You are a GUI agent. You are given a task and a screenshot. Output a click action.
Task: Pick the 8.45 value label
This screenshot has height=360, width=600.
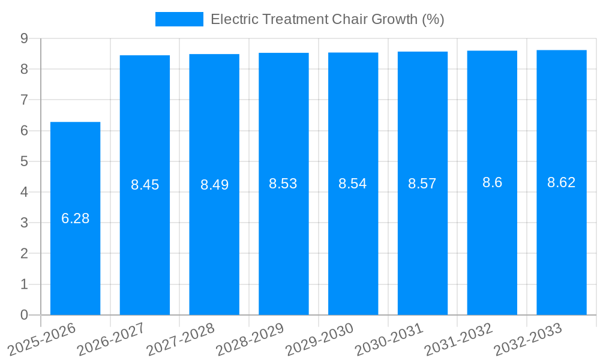(145, 185)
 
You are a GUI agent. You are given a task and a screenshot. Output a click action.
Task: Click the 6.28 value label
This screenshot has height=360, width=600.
(76, 218)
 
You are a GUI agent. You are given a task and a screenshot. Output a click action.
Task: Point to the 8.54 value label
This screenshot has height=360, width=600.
(353, 184)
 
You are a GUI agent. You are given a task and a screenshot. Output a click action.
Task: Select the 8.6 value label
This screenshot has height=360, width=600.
(492, 182)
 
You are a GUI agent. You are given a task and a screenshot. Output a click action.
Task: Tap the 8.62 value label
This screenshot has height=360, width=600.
(562, 182)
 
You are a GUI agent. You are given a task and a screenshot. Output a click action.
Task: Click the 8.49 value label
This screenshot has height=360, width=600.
(214, 185)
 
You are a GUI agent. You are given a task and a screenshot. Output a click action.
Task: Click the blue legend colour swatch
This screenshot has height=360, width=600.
(179, 19)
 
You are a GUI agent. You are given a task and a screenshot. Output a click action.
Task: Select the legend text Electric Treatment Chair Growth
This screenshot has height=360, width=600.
(328, 19)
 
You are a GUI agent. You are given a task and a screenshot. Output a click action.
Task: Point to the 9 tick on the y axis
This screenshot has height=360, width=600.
(24, 38)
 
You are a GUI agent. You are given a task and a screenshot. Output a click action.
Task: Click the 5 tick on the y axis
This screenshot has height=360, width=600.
(24, 161)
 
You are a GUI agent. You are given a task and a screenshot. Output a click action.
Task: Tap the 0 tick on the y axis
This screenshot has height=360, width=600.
(24, 315)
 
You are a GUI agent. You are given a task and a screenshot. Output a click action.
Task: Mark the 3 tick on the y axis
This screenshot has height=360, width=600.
(24, 223)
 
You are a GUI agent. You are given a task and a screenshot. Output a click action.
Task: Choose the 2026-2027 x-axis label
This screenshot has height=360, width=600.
(112, 339)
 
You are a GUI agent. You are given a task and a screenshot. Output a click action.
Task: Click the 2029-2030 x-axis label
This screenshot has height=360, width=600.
(319, 339)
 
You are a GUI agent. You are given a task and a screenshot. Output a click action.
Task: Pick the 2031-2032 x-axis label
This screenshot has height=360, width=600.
(458, 339)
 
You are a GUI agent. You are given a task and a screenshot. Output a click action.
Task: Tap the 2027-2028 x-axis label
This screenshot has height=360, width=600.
(181, 339)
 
